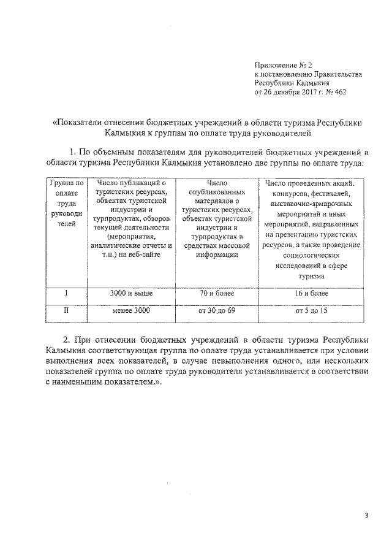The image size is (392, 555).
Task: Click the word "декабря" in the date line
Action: pos(291,93)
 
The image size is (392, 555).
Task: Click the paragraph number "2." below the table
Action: pos(67,339)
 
